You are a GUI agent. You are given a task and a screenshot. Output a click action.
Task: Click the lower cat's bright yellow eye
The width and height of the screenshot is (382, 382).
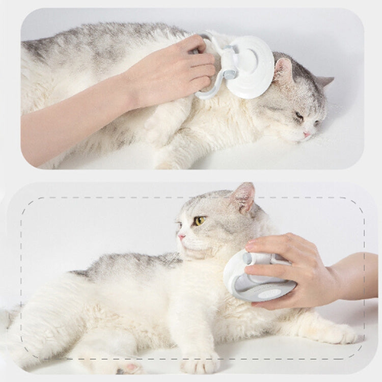pyautogui.click(x=200, y=221)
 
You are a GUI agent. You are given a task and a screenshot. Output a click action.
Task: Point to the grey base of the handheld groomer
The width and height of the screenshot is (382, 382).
pyautogui.click(x=260, y=290)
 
